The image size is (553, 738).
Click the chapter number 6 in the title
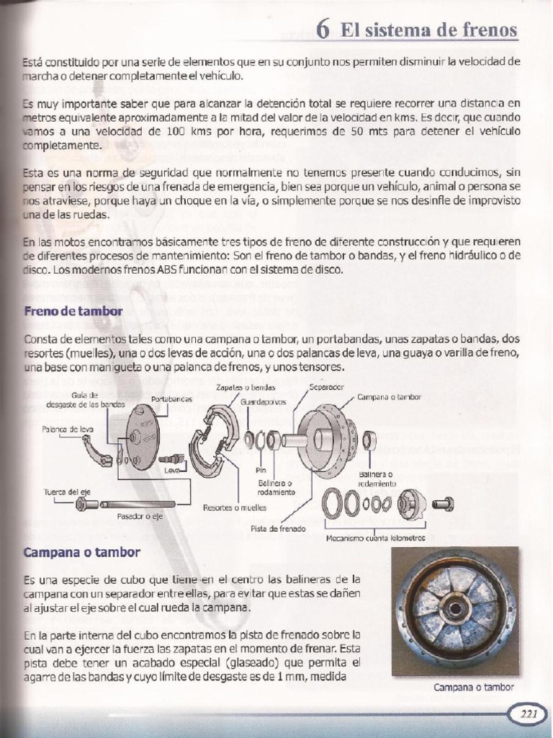(323, 30)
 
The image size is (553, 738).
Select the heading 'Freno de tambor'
(73, 311)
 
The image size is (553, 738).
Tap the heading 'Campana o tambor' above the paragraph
(81, 553)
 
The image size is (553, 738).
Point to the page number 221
(529, 714)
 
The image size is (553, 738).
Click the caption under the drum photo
(473, 687)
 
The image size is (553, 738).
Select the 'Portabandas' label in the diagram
(172, 399)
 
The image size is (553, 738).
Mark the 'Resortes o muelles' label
(234, 507)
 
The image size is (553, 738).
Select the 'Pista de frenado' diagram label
(278, 528)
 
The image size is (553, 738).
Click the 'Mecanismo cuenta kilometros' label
(375, 538)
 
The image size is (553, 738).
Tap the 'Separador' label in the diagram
(325, 386)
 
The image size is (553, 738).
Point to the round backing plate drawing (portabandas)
(140, 437)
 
